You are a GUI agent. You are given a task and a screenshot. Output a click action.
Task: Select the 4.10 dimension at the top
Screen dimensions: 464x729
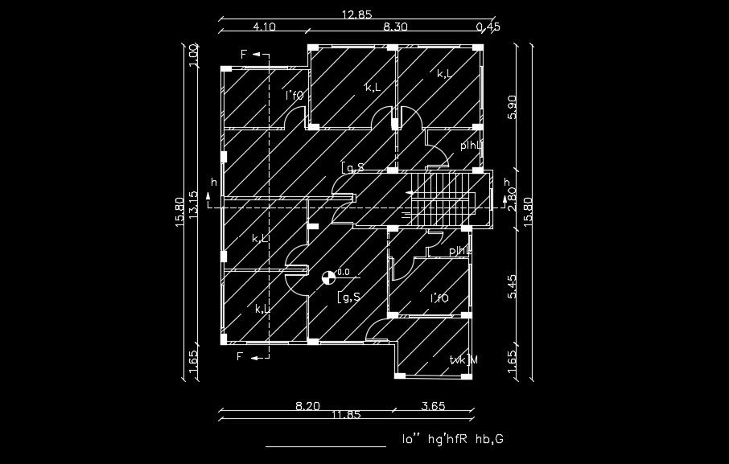[x=265, y=27]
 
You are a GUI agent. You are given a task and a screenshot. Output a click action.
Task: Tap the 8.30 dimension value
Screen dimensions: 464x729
[x=395, y=27]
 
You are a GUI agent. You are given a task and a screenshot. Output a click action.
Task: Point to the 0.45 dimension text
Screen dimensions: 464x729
[x=488, y=27]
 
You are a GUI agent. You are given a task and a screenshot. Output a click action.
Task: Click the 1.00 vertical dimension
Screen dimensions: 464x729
[x=193, y=56]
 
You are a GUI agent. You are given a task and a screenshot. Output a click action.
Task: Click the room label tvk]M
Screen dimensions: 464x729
[x=463, y=359]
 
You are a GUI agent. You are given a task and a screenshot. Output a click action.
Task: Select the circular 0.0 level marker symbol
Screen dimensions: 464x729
[x=327, y=278]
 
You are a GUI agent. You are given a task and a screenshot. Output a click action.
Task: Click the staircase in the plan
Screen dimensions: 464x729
[x=443, y=199]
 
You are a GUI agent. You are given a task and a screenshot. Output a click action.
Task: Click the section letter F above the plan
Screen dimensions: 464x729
[x=244, y=54]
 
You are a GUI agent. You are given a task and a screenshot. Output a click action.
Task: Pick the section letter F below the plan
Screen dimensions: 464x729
[x=239, y=355]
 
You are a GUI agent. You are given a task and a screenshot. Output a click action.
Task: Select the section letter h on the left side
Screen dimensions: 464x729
[x=213, y=183]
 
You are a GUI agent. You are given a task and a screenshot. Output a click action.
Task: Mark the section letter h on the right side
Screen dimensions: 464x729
[x=506, y=182]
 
